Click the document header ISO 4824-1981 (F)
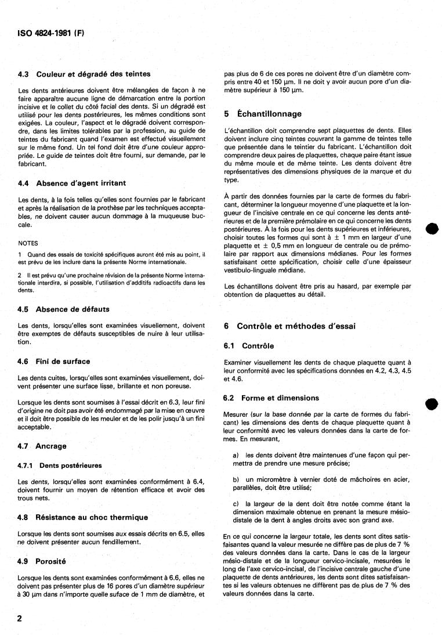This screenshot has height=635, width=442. click(x=48, y=33)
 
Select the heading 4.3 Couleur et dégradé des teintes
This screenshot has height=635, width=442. click(x=85, y=74)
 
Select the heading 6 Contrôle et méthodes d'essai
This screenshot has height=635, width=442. click(x=294, y=326)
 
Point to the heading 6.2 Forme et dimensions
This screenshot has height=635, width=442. click(x=271, y=398)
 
